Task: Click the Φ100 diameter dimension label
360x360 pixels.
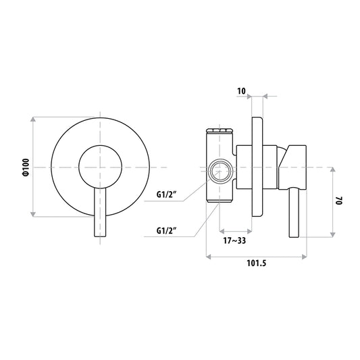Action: click(x=26, y=167)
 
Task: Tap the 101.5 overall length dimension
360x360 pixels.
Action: click(x=257, y=263)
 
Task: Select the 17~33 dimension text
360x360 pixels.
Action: click(x=234, y=240)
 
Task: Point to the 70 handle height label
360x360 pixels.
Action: click(x=339, y=201)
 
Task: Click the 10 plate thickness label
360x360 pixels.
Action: click(x=241, y=91)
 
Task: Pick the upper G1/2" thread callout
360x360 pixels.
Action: click(x=166, y=195)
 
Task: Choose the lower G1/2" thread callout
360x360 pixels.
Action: click(x=166, y=230)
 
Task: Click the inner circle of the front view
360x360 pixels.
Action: click(x=101, y=146)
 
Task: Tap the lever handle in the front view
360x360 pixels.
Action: click(x=101, y=212)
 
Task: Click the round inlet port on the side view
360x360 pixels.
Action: click(x=220, y=172)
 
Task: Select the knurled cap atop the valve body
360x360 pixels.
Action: click(x=220, y=131)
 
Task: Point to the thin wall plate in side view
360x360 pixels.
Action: click(x=257, y=167)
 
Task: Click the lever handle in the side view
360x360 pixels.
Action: click(x=294, y=212)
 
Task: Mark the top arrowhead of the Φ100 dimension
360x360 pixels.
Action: click(x=33, y=120)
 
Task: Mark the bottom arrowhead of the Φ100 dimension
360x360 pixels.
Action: click(x=33, y=214)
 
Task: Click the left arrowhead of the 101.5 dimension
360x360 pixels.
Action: click(x=209, y=257)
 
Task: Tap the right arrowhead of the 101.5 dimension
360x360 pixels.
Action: click(x=304, y=257)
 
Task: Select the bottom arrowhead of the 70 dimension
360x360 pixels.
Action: click(x=333, y=234)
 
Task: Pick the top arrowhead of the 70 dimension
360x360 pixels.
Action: click(x=333, y=170)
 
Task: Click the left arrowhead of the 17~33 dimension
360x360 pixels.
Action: click(x=222, y=230)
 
